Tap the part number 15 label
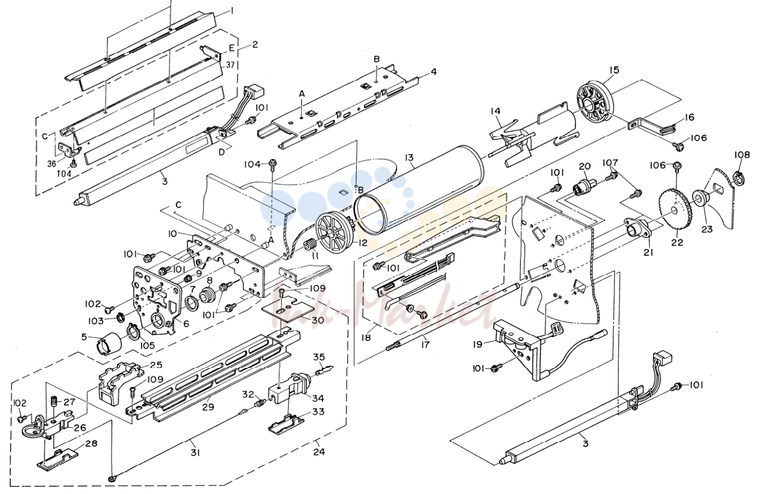coord(614,70)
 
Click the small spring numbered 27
coord(54,402)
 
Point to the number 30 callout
coord(318,320)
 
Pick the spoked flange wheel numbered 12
coord(334,234)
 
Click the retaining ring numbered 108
coord(738,178)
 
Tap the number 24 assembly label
coord(319,452)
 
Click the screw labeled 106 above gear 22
coord(677,167)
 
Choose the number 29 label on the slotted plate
coord(208,407)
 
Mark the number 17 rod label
coord(425,344)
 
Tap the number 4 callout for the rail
coord(433,71)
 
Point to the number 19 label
coord(478,344)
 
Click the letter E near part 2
coord(231,48)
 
